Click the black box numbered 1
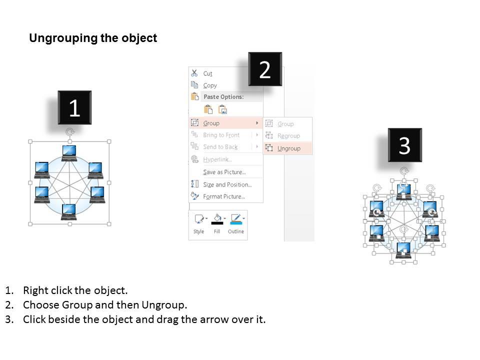click(x=74, y=107)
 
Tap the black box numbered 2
click(x=265, y=69)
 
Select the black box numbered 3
click(x=404, y=145)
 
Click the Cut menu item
click(x=207, y=73)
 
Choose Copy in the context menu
click(x=210, y=85)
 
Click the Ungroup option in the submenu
click(x=288, y=148)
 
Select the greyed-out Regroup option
click(x=288, y=136)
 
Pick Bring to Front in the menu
click(x=221, y=135)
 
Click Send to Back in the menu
click(x=220, y=147)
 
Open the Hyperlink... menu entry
click(x=217, y=159)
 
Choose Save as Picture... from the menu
click(x=224, y=172)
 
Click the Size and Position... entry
click(x=227, y=184)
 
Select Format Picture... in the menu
click(x=224, y=196)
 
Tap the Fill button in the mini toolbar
click(x=217, y=224)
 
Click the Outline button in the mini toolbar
click(x=236, y=224)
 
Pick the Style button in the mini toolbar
click(x=199, y=224)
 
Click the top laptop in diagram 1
click(x=69, y=153)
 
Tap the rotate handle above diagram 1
click(x=70, y=131)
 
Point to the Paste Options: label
click(x=224, y=96)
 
